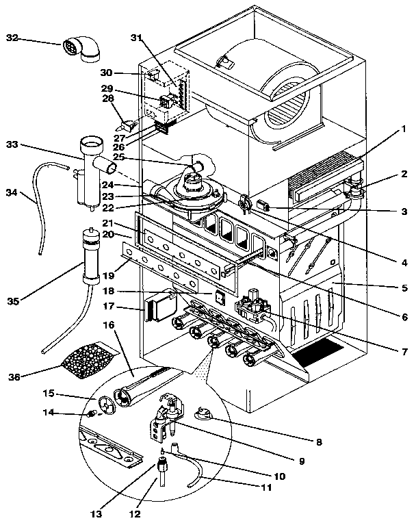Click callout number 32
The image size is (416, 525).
[x=12, y=38]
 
